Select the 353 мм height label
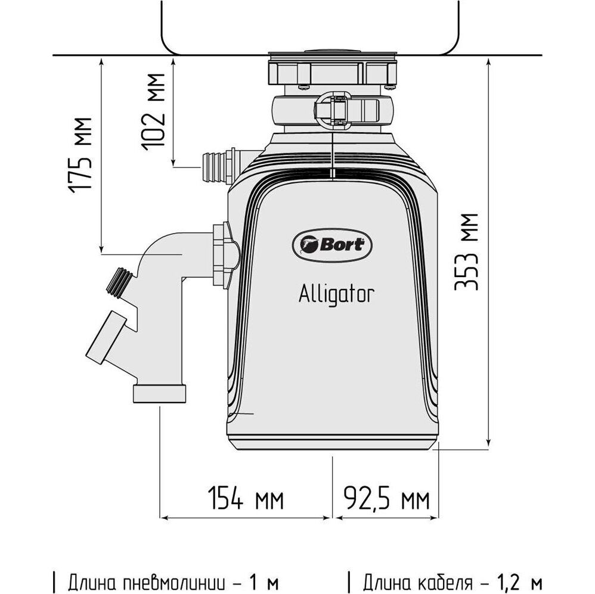click(466, 250)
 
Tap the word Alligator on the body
click(337, 294)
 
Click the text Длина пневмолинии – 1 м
click(166, 580)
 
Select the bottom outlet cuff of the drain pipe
click(160, 393)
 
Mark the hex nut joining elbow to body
click(224, 253)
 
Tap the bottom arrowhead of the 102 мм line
click(173, 162)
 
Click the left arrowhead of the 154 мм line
click(162, 516)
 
